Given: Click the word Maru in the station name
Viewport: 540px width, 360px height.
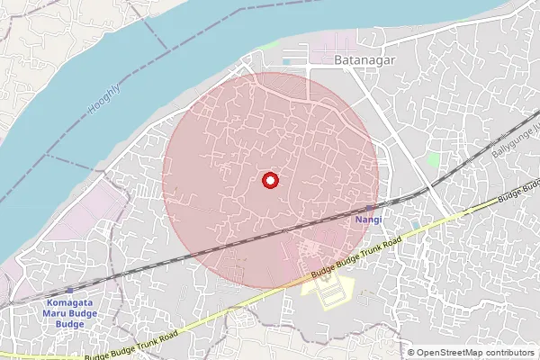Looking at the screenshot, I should click(57, 314).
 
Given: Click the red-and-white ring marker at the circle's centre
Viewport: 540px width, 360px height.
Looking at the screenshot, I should click(269, 181).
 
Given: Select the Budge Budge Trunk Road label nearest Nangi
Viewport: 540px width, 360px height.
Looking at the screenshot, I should click(355, 257).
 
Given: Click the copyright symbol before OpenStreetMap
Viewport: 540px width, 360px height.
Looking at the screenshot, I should click(411, 353).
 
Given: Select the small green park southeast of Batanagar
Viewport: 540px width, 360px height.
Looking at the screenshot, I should click(433, 159).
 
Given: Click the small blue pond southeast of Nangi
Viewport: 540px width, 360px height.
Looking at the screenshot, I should click(415, 224).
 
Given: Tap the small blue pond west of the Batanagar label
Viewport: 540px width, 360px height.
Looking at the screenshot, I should click(286, 61).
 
